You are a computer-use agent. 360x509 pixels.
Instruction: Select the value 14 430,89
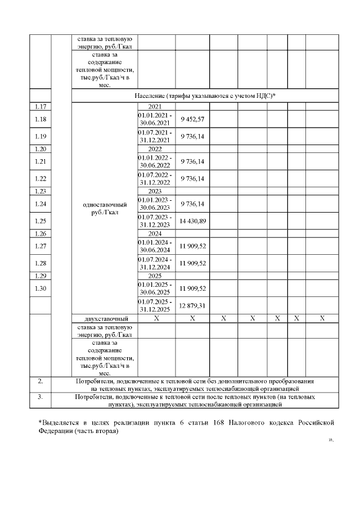click(192, 221)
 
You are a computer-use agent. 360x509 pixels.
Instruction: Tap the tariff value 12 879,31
click(192, 305)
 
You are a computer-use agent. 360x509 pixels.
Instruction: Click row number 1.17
click(40, 106)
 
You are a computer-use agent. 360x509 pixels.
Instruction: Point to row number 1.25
click(40, 221)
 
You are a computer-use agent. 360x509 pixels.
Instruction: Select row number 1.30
click(40, 289)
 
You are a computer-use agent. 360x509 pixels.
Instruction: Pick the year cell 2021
click(155, 106)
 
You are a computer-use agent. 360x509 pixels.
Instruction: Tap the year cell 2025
click(155, 276)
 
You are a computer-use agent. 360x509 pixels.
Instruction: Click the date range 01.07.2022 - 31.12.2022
click(155, 178)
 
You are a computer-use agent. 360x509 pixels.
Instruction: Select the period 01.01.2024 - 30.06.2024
click(155, 246)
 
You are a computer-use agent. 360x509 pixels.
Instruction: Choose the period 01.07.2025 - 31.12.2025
click(155, 305)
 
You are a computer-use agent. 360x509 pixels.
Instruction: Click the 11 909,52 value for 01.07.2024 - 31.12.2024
click(192, 263)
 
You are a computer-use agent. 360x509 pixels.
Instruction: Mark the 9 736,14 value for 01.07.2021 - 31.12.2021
click(192, 136)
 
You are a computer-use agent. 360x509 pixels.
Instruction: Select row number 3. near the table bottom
click(40, 397)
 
